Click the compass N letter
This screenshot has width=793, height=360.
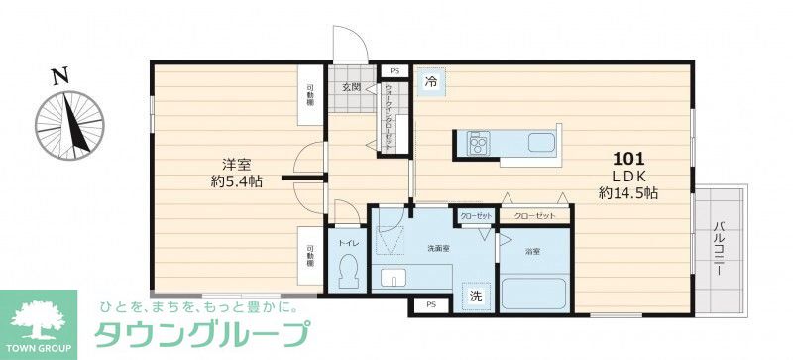click(x=60, y=73)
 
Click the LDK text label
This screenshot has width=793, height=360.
click(x=630, y=176)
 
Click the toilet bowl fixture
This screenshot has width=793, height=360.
click(x=348, y=271)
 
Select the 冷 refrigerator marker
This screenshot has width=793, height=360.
click(x=431, y=82)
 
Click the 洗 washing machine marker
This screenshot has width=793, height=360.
click(x=476, y=296)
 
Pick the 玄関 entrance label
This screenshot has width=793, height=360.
click(x=352, y=88)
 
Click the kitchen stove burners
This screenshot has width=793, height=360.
click(x=477, y=146)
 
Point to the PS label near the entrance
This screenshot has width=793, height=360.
click(x=394, y=71)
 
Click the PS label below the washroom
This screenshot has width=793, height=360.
click(x=428, y=306)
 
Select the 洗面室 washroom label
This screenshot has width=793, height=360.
click(x=439, y=247)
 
